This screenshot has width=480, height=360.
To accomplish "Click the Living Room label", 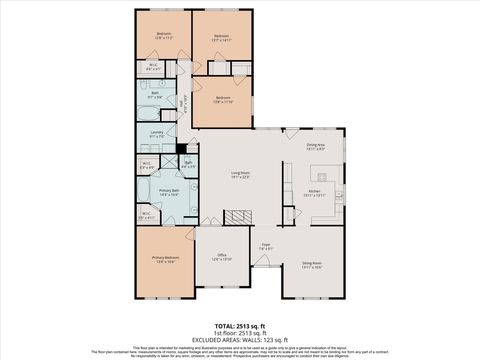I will point(240,174).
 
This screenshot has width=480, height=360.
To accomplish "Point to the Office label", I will point(222,255).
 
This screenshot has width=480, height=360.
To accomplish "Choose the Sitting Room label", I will point(312,264).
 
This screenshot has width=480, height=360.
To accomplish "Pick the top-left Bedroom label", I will point(163,35).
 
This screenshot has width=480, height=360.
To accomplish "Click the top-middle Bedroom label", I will point(222,36).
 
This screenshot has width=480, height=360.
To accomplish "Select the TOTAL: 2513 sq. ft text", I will point(240,325).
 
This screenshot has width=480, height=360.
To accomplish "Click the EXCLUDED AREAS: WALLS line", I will point(240,339).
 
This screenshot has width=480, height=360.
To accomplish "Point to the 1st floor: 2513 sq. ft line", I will point(240,332).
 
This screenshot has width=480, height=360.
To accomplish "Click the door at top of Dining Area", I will point(292,129).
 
